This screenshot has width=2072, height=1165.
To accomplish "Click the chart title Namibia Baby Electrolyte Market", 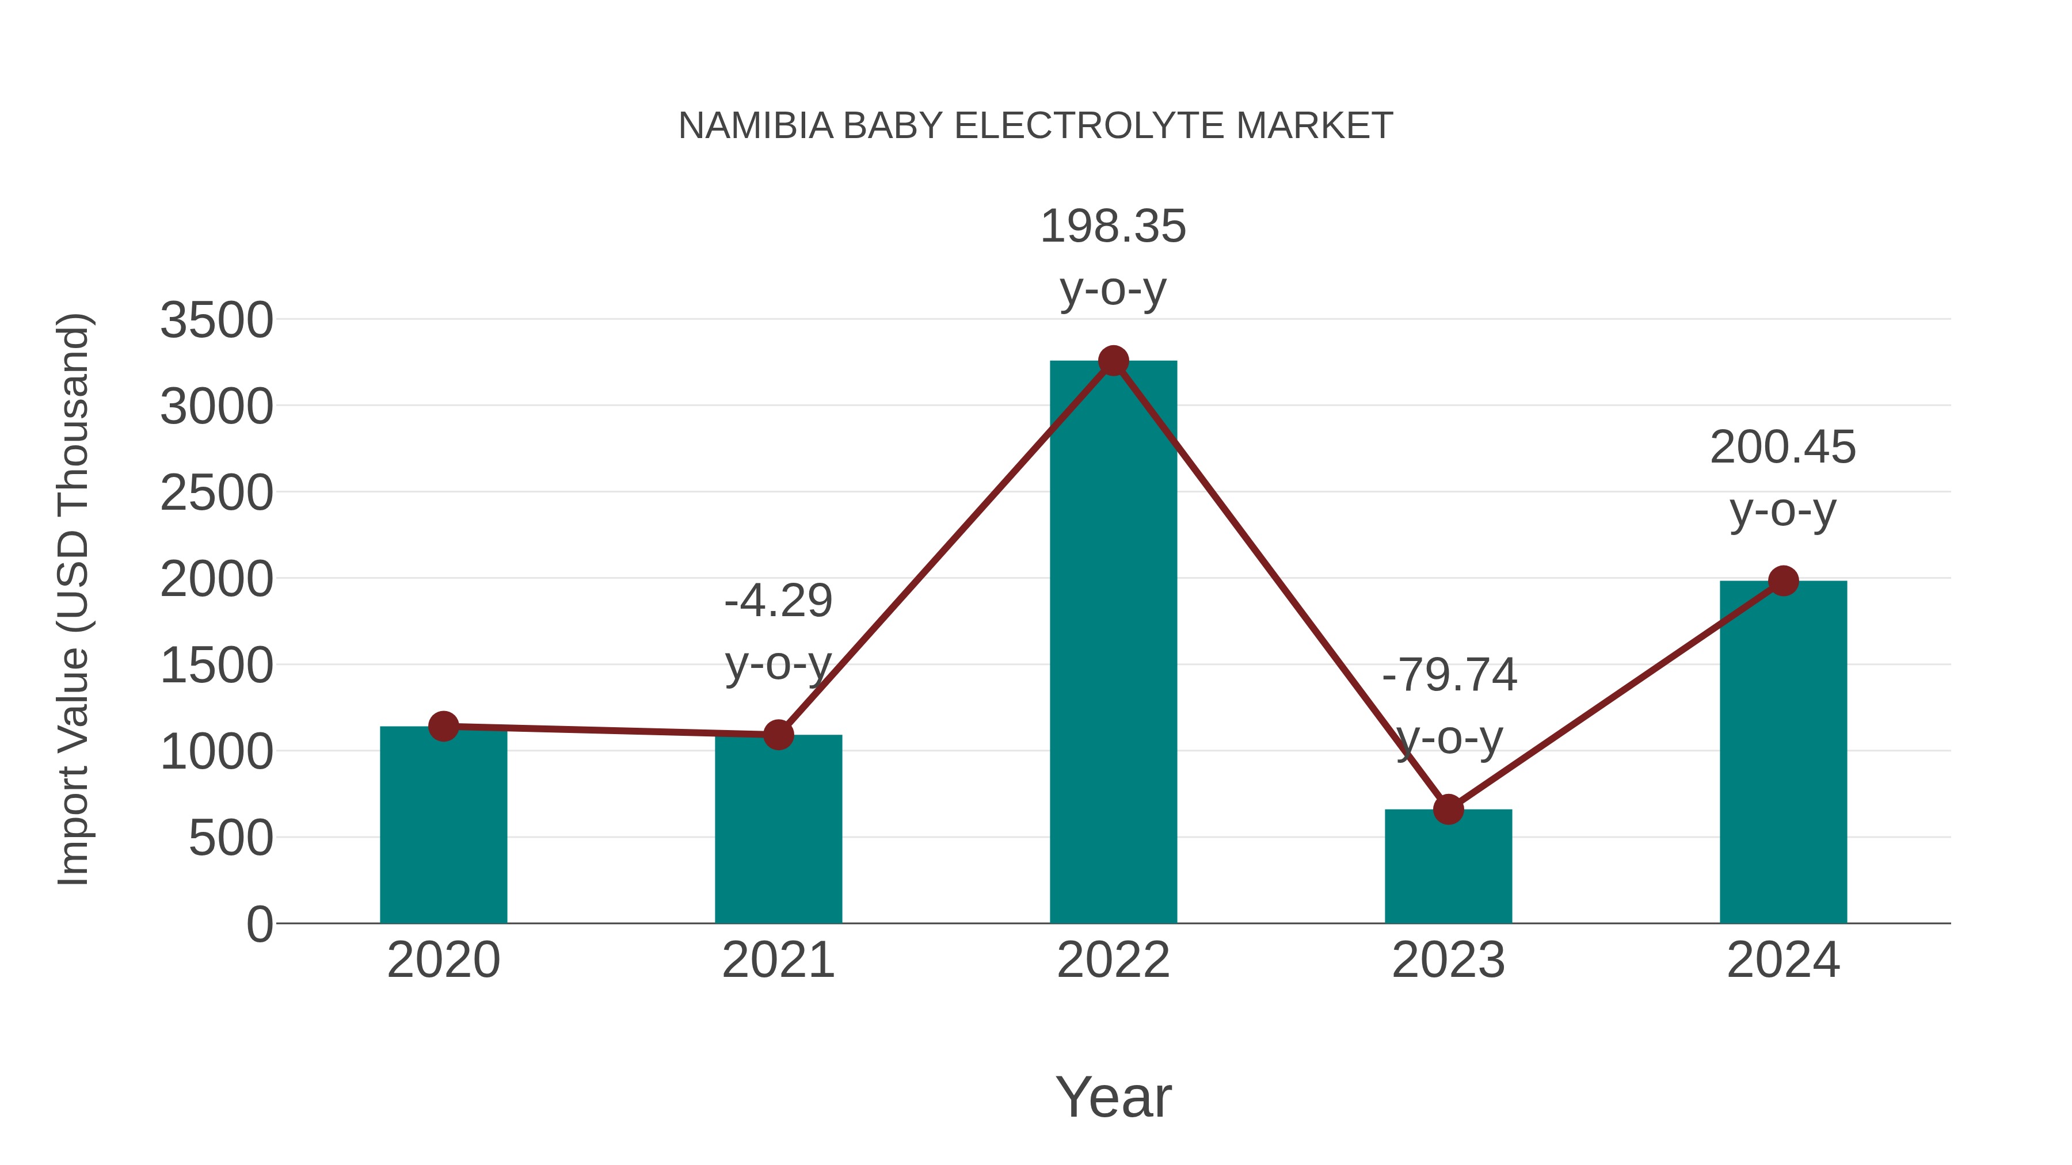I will click(x=1035, y=126).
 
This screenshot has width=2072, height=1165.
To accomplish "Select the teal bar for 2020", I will click(x=443, y=828).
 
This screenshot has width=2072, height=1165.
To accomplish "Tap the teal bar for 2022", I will click(x=1113, y=643).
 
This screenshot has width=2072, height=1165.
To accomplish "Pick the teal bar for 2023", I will click(x=1448, y=868).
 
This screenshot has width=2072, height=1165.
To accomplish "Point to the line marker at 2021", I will click(x=778, y=734).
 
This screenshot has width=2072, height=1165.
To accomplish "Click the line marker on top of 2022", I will click(x=1113, y=361).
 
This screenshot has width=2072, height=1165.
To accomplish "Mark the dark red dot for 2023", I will click(x=1448, y=809).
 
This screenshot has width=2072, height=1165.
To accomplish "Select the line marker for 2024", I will click(x=1782, y=580).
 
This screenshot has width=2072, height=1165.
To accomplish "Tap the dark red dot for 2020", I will click(x=443, y=726).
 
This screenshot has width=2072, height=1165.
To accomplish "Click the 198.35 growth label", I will click(x=1113, y=227).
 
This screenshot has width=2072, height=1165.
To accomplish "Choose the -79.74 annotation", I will click(x=1449, y=675).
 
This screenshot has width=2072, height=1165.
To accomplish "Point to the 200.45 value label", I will click(x=1782, y=448).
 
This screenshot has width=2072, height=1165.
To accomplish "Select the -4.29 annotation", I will click(x=778, y=601).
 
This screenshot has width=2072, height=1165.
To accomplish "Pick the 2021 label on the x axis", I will click(x=778, y=960).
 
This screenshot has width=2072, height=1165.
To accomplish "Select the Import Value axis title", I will click(x=73, y=599).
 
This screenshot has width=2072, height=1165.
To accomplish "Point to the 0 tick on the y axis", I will click(x=259, y=924).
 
